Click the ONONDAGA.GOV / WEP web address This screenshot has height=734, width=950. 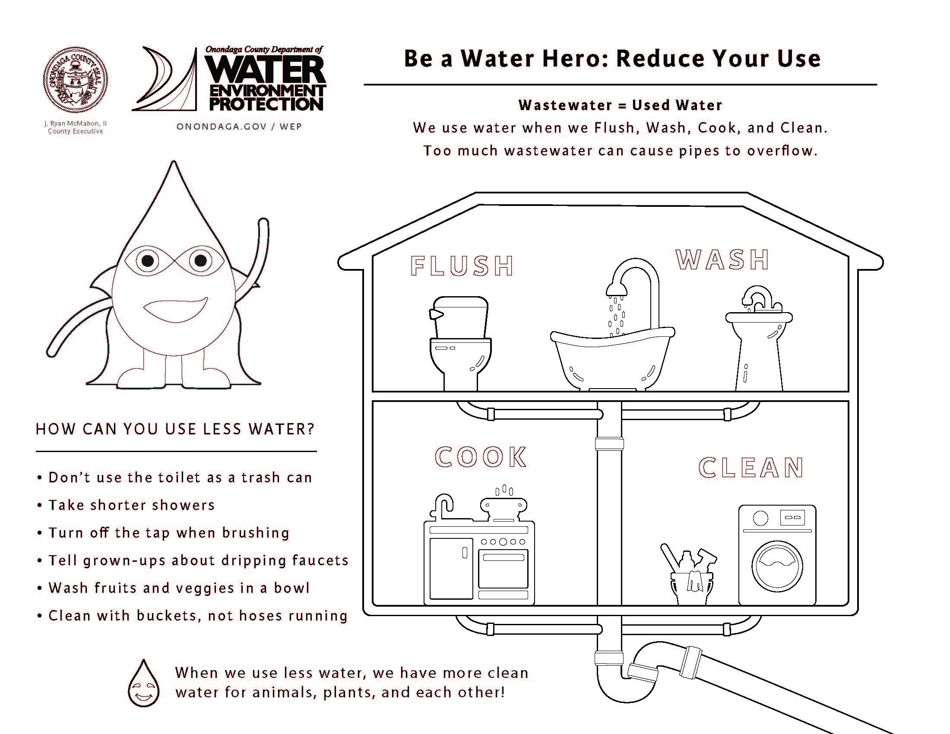coord(239,127)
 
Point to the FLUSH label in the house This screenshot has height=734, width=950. coord(462,266)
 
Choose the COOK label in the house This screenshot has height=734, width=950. coord(481,457)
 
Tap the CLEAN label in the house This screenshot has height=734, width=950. coord(751,468)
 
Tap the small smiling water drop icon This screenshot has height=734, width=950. coord(143,683)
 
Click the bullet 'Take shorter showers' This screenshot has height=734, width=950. coord(126,505)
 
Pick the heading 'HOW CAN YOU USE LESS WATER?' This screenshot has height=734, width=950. coord(175,429)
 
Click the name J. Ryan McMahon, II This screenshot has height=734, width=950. coord(75,123)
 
